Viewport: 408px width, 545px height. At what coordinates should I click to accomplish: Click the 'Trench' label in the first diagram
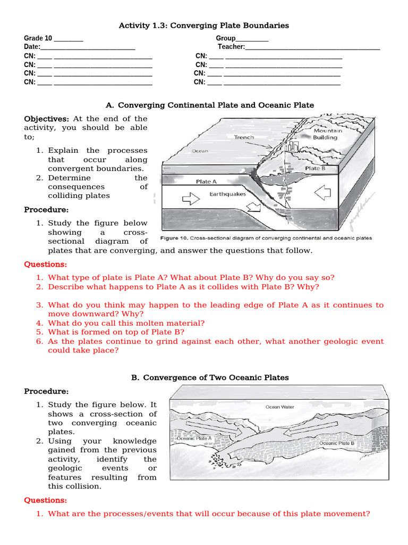coord(244,137)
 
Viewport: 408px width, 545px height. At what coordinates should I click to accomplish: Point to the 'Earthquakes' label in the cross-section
coord(227,194)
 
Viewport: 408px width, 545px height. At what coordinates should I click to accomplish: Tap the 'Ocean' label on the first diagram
coord(200,151)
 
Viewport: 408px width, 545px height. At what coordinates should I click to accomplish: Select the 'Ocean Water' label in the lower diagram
coord(279,407)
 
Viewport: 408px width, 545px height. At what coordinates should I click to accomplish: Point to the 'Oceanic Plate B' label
coord(337,443)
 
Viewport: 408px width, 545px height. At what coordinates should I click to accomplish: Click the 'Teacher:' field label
coord(231,47)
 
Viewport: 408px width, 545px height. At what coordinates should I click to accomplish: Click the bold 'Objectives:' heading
coord(46,119)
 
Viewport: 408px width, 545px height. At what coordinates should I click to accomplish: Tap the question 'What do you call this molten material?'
coord(126,323)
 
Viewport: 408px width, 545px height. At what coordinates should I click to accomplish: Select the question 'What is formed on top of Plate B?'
coord(116,332)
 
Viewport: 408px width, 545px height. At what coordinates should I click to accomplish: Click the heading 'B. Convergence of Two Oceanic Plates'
coord(210,377)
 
